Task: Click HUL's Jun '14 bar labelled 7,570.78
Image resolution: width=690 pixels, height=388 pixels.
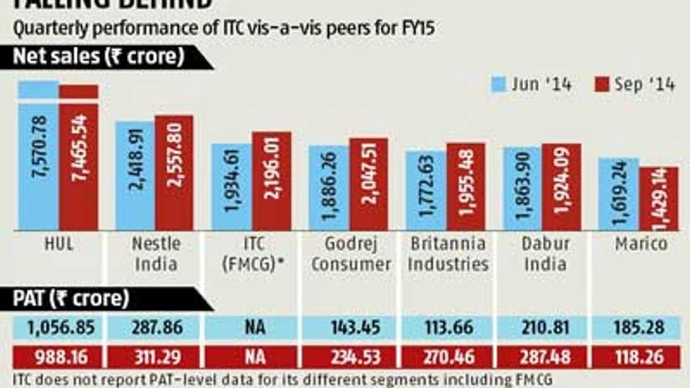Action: (x=38, y=154)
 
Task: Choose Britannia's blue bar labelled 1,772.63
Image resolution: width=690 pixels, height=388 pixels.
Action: (x=426, y=189)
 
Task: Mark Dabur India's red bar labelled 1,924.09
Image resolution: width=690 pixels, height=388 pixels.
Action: (x=561, y=186)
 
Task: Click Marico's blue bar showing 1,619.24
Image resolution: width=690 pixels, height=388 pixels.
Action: (x=619, y=193)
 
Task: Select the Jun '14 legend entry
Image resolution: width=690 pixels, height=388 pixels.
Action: (x=531, y=83)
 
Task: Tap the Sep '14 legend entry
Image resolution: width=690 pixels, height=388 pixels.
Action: (x=636, y=83)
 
